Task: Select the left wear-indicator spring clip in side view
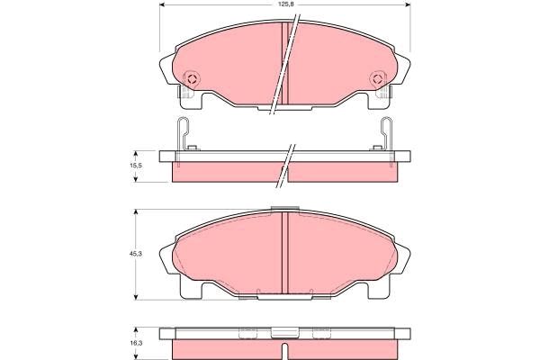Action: (184, 134)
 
